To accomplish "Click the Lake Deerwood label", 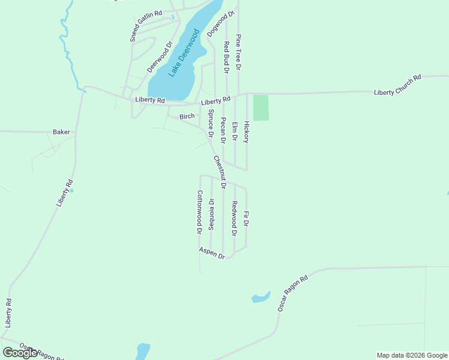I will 184,53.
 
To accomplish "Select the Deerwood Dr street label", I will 160,57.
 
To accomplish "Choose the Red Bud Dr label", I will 227,58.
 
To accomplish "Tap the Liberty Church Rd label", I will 398,85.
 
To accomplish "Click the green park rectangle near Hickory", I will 261,107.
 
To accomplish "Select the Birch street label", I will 187,116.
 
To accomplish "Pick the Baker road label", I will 61,131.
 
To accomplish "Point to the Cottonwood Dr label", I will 199,212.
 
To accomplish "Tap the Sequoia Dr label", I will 211,214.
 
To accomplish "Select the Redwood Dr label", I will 234,218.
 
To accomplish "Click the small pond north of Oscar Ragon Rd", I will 261,298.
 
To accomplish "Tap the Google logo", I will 20,353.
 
